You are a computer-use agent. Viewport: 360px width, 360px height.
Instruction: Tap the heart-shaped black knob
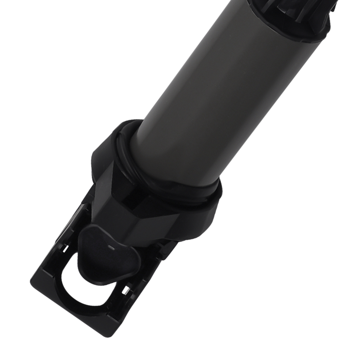[x=108, y=252]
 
